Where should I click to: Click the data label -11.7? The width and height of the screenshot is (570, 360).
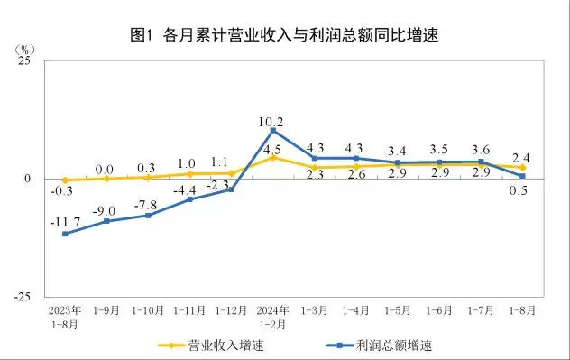tap(66, 221)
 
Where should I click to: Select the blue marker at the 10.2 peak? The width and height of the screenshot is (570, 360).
tap(272, 131)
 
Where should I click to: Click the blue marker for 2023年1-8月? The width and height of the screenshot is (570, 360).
tap(65, 234)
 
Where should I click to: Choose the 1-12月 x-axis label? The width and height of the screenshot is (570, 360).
tap(231, 310)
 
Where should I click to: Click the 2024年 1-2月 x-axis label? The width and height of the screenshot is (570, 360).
tap(272, 316)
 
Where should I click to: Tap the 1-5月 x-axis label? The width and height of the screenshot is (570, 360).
tap(398, 310)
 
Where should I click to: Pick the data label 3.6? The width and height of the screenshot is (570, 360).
tap(482, 150)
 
